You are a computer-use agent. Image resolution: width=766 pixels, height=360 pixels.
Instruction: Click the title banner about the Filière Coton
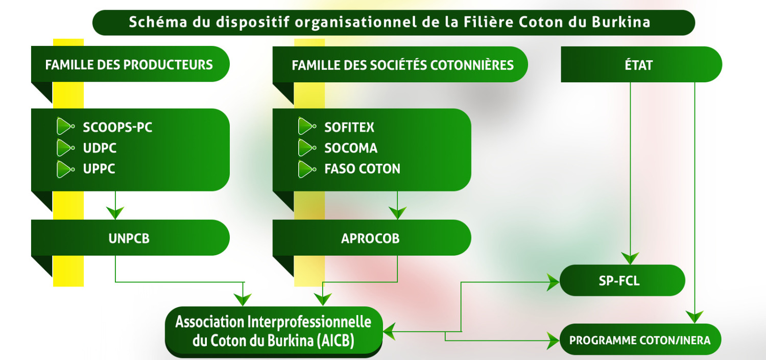coord(393,23)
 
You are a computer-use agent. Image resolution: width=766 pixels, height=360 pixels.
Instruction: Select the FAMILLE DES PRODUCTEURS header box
coord(130,65)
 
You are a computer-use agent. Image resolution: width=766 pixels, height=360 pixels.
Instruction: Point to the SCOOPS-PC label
coord(117,127)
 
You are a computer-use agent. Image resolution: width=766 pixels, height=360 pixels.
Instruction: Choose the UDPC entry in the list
coord(100,148)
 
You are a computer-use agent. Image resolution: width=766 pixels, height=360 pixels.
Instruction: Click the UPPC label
coord(99,169)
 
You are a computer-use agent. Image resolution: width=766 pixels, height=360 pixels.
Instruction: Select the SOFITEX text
coord(349,127)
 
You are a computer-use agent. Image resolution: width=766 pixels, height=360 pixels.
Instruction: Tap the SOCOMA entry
coord(351,148)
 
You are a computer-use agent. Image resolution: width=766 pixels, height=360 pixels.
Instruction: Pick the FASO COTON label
coord(362,169)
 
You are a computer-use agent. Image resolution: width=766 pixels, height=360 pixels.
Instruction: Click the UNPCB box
coord(130,238)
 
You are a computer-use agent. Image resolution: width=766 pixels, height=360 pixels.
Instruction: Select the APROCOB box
coord(371,238)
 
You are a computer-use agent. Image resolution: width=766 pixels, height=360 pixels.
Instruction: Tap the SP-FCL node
coord(621,280)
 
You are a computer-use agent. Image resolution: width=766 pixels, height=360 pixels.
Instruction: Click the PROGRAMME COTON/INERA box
coord(640,340)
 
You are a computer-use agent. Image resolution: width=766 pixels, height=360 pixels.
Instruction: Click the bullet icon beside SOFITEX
coord(306,127)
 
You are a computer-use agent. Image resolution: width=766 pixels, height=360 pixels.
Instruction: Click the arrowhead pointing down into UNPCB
coord(116,212)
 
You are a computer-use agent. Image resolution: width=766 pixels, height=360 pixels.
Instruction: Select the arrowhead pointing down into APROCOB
coord(397,212)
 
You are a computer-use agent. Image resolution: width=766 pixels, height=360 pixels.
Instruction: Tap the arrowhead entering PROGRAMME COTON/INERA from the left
coord(553,339)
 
